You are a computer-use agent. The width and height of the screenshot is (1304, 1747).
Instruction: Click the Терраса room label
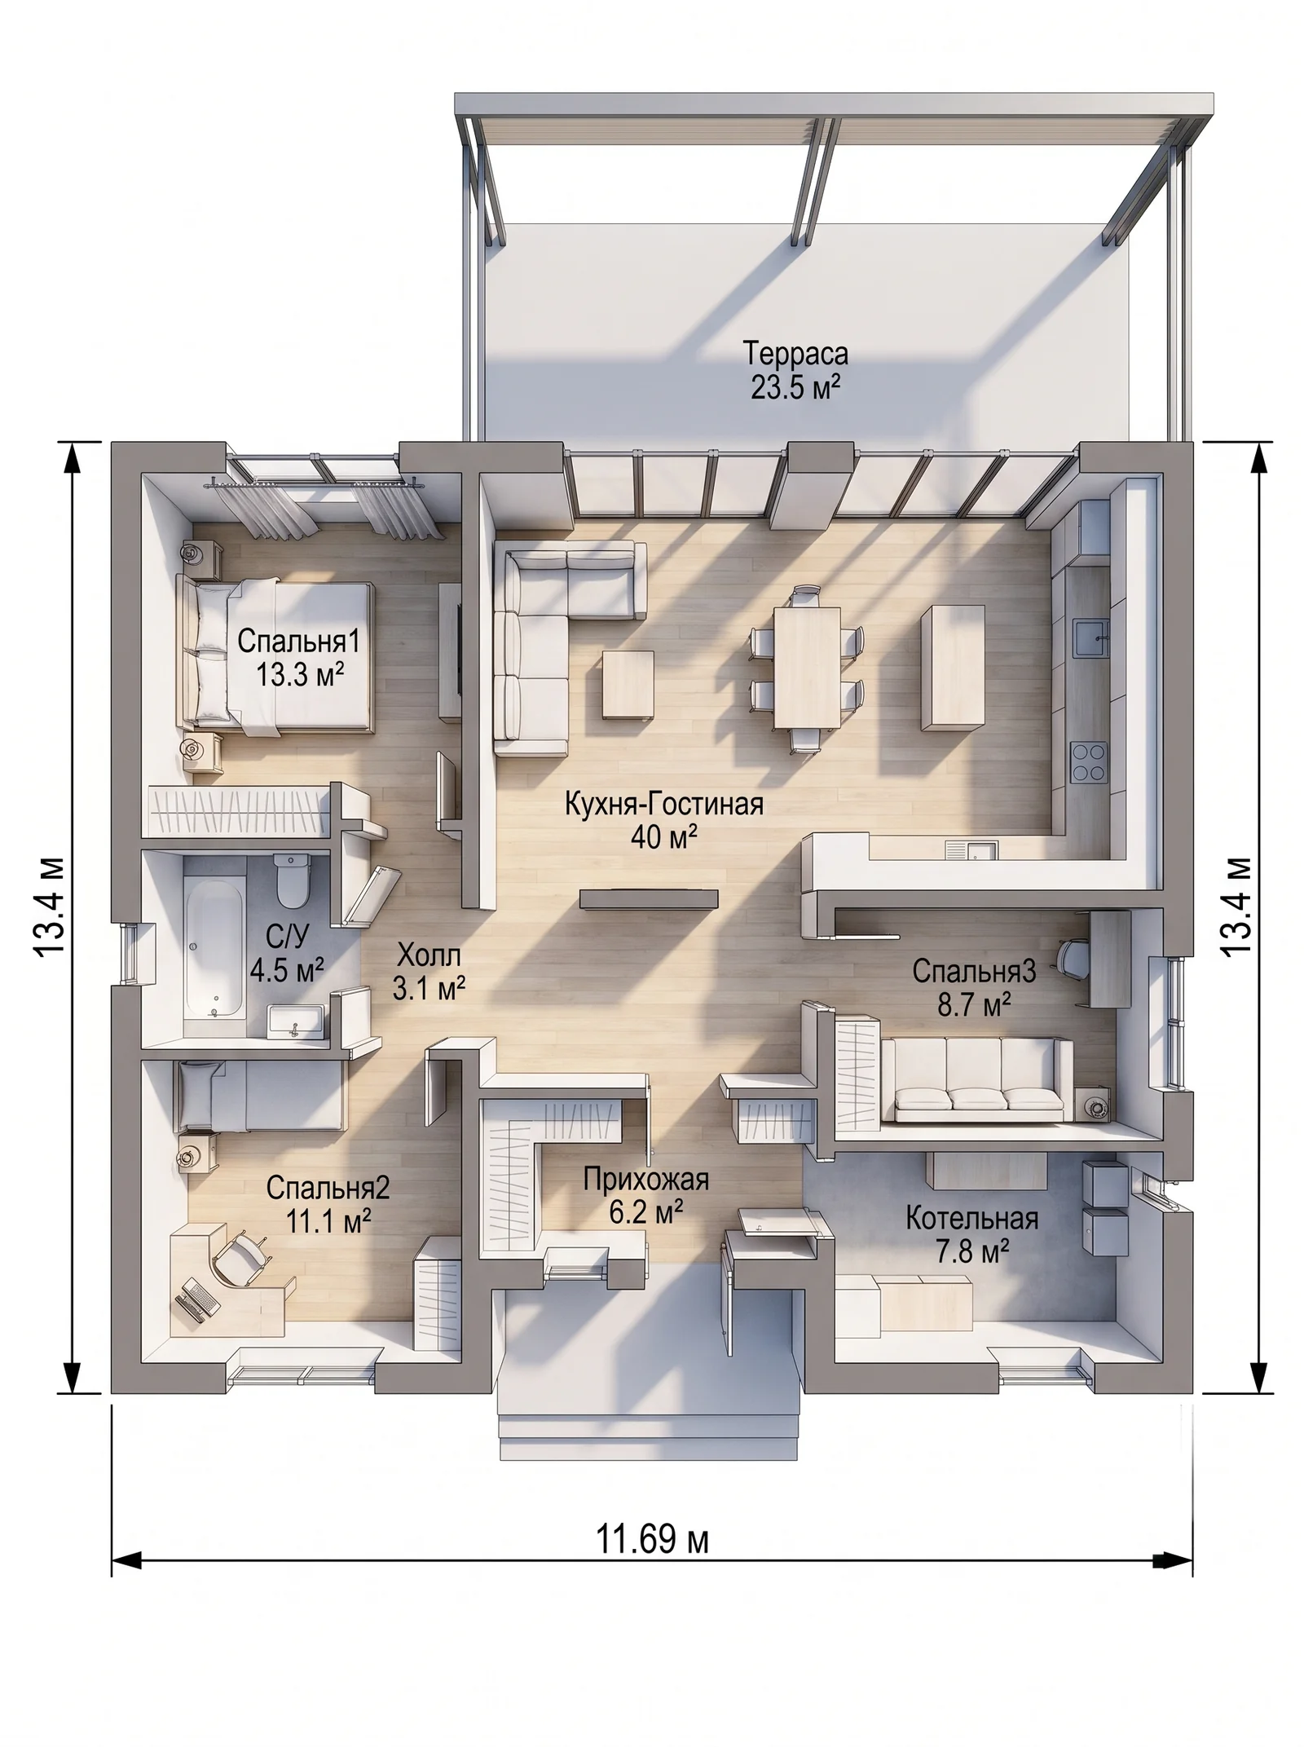click(795, 354)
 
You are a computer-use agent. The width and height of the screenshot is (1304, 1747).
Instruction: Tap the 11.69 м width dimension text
click(651, 1540)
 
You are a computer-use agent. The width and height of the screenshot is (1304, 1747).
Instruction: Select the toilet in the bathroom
click(290, 880)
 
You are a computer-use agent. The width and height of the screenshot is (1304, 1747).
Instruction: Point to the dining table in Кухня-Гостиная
click(807, 666)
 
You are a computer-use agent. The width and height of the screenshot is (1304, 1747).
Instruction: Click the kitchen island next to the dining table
click(952, 667)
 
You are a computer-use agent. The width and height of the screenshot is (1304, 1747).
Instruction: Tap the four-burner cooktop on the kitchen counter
click(1088, 762)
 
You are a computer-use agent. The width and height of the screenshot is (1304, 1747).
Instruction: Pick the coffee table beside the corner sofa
click(628, 685)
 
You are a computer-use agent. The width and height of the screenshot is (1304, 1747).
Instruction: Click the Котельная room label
click(971, 1219)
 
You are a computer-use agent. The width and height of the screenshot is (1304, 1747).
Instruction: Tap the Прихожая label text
click(645, 1180)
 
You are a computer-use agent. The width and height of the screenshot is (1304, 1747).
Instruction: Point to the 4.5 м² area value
click(287, 970)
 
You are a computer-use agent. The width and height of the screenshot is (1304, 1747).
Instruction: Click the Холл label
click(429, 955)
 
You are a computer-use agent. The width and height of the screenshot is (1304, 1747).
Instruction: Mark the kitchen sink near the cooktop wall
click(1089, 636)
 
